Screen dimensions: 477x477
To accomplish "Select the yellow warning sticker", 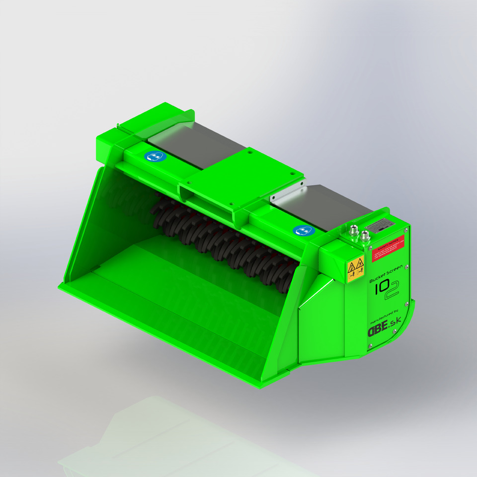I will pyautogui.click(x=355, y=269).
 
